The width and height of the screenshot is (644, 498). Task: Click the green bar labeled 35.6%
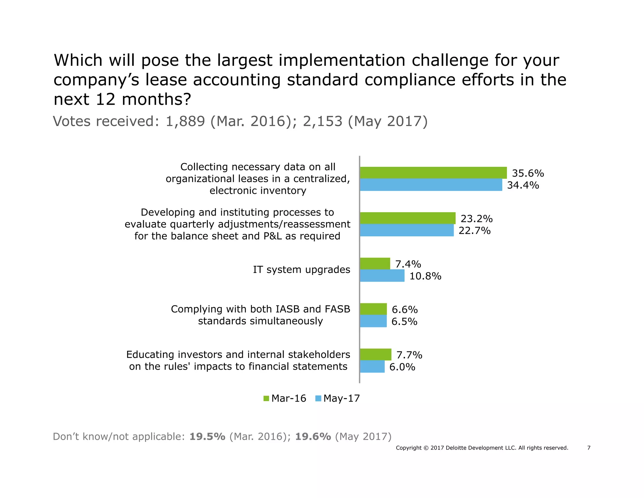click(433, 173)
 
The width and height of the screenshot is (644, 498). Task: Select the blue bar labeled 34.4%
click(431, 185)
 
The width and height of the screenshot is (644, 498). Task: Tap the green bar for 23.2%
click(408, 218)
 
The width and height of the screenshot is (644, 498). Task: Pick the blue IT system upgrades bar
click(382, 276)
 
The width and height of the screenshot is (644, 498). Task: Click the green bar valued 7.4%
click(375, 264)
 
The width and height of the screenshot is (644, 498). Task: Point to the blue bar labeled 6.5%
click(373, 321)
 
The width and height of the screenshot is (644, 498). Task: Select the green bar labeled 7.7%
click(375, 354)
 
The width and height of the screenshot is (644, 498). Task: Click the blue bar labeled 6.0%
click(372, 367)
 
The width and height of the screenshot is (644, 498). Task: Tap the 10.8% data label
click(425, 276)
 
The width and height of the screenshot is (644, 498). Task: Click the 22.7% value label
click(475, 231)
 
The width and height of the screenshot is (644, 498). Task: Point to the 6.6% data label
click(404, 310)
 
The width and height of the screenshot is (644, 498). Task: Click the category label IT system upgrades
click(301, 270)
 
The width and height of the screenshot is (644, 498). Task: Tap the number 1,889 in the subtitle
click(185, 122)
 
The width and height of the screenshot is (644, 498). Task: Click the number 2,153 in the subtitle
click(322, 122)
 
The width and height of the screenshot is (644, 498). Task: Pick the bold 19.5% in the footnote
click(207, 437)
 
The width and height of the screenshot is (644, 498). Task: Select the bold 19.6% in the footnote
click(313, 437)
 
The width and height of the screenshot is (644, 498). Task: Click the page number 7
click(589, 448)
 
